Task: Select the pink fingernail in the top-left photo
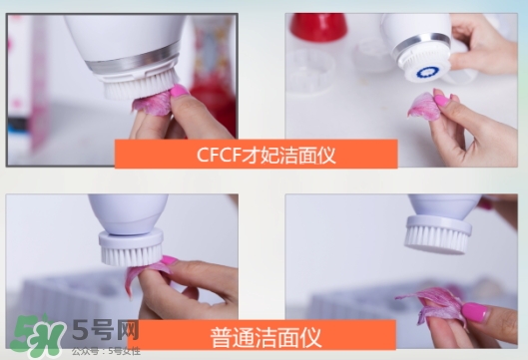179,93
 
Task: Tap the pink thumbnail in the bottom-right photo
473,311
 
